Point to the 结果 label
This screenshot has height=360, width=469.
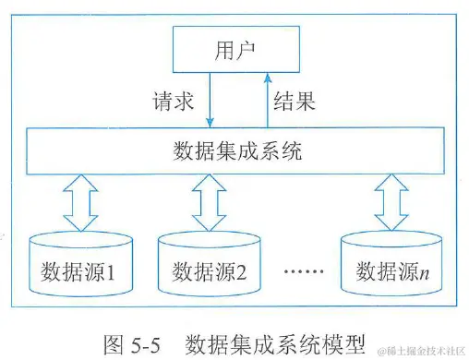295,101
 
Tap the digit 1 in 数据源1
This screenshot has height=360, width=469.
109,272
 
